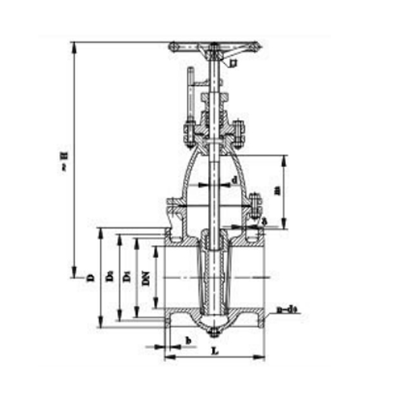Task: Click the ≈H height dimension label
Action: pos(65,159)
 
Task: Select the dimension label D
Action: pos(90,278)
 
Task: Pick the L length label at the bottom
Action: pos(215,351)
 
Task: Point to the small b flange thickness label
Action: pos(188,340)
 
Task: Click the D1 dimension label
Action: pos(127,278)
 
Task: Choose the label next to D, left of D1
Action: pos(109,278)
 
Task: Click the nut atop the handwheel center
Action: pos(214,47)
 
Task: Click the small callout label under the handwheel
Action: pos(232,63)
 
